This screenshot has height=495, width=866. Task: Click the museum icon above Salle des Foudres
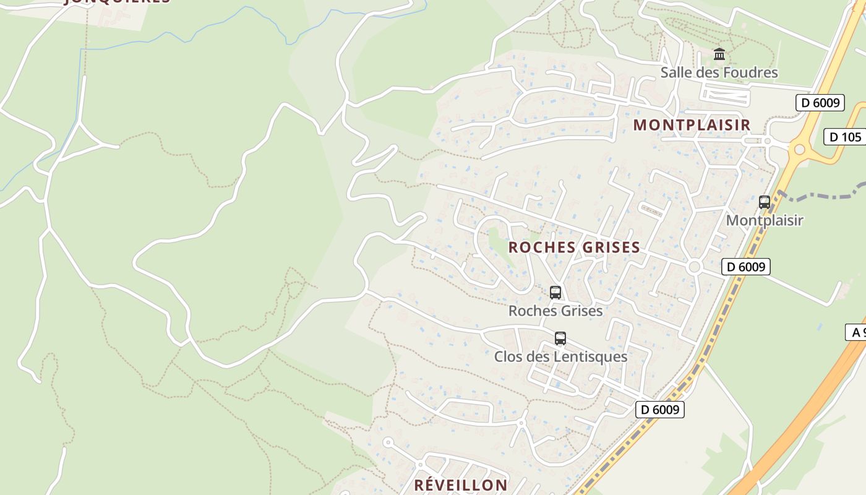[x=719, y=54]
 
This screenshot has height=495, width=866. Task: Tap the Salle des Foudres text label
[x=719, y=72]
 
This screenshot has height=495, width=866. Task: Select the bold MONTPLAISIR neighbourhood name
[x=692, y=125]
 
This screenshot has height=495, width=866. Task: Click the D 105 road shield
[x=845, y=137]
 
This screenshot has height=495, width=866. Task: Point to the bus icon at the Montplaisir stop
[x=765, y=202]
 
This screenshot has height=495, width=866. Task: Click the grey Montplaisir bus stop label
[x=765, y=220]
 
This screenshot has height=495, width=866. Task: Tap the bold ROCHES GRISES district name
[x=574, y=247]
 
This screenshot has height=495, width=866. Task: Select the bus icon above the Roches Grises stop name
[x=555, y=293]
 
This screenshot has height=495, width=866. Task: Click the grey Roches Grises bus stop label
[x=555, y=311]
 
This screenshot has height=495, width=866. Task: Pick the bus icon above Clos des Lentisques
[x=560, y=338]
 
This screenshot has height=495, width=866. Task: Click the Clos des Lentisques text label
[x=560, y=357]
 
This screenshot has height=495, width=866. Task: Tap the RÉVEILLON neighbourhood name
[x=461, y=485]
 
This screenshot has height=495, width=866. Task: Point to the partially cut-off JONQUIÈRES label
[x=118, y=2]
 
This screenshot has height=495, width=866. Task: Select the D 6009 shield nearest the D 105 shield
[x=820, y=103]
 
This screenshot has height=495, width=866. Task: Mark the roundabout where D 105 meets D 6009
[x=799, y=149]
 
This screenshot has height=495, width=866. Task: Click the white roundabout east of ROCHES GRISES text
[x=694, y=267]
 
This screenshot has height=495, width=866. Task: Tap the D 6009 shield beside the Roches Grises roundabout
[x=745, y=267]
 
